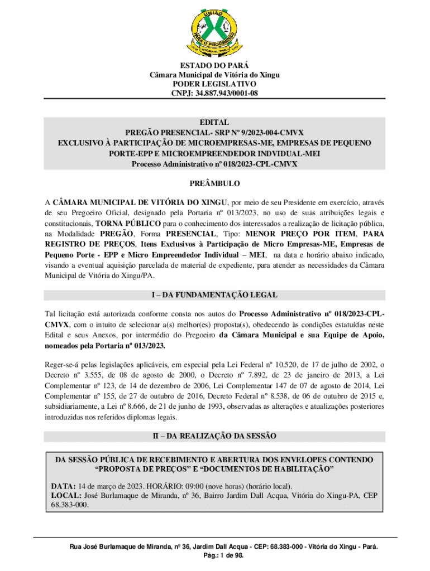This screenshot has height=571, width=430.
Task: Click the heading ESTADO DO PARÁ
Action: click(214, 65)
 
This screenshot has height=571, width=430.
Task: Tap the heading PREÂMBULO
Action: click(214, 183)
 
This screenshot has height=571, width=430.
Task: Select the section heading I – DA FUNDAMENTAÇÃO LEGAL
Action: click(214, 294)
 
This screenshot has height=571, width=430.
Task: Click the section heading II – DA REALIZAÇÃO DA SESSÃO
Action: click(214, 435)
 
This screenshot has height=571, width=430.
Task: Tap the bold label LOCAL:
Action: click(65, 495)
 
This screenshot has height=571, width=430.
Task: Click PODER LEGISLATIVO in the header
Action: click(214, 84)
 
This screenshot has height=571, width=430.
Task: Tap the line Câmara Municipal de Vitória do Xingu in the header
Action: click(214, 75)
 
